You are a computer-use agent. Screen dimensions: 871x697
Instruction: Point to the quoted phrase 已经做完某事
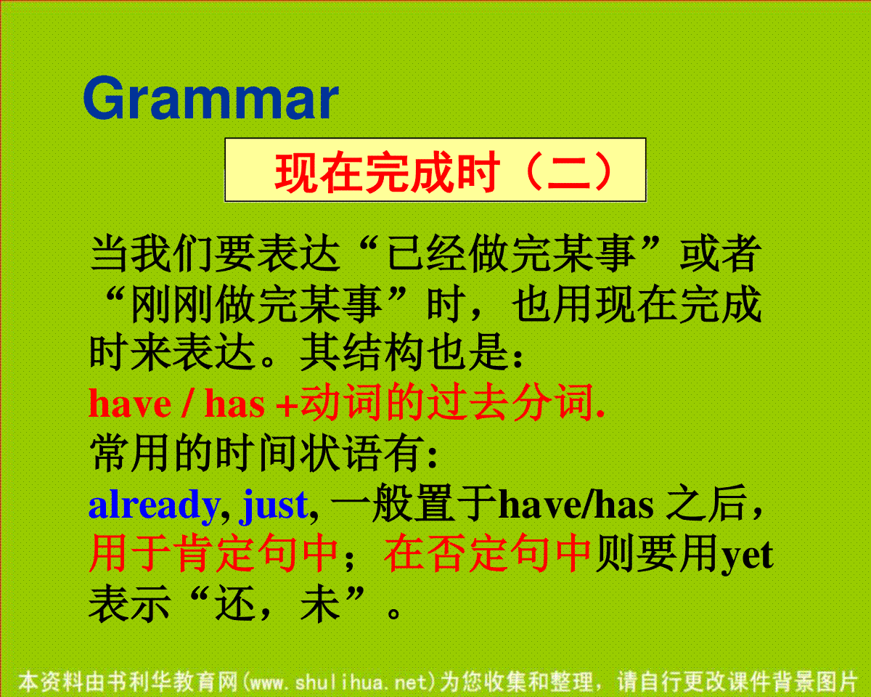coord(511,254)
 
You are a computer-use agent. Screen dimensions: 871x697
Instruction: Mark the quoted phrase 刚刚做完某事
coord(256,304)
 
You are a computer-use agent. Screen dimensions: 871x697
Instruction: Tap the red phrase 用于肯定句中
coord(213,553)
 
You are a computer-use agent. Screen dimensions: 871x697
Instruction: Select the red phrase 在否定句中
coord(487,553)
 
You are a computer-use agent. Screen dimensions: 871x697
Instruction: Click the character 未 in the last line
coord(320,604)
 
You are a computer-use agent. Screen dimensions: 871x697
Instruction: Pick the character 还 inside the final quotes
coord(235,604)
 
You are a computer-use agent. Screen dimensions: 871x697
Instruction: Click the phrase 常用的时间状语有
coord(257,453)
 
